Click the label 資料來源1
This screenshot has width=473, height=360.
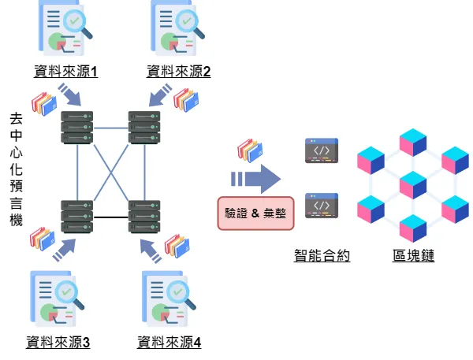point(66,72)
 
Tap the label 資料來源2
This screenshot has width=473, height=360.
point(179,72)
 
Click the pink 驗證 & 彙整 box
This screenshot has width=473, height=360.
point(255,213)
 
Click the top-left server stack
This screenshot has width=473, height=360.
point(77,127)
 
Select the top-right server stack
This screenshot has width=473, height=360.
point(144,127)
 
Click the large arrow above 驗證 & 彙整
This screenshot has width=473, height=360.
point(256,177)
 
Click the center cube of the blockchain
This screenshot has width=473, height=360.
point(413,184)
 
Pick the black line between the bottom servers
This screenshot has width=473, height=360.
point(111,217)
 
